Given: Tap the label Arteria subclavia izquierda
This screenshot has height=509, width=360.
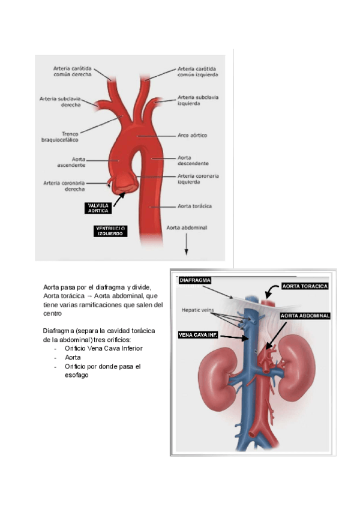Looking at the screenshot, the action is (198, 100).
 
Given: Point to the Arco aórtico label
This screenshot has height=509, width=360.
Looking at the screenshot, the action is (192, 136).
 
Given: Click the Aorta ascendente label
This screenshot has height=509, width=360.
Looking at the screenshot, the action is (71, 162).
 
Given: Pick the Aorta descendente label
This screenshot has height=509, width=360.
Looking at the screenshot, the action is (193, 160).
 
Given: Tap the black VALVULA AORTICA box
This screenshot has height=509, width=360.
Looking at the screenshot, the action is (99, 208).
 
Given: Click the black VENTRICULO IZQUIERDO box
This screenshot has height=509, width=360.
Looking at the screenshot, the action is (111, 231).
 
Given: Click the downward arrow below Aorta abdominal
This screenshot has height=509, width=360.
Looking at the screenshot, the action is (187, 244).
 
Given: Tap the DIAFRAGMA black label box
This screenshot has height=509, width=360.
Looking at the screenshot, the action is (196, 280).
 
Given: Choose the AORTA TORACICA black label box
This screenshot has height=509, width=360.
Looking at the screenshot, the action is (305, 286).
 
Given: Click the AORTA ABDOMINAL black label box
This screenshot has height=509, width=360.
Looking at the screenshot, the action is (305, 315).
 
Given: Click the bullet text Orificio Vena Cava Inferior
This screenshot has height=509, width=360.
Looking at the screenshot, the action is (104, 348).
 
